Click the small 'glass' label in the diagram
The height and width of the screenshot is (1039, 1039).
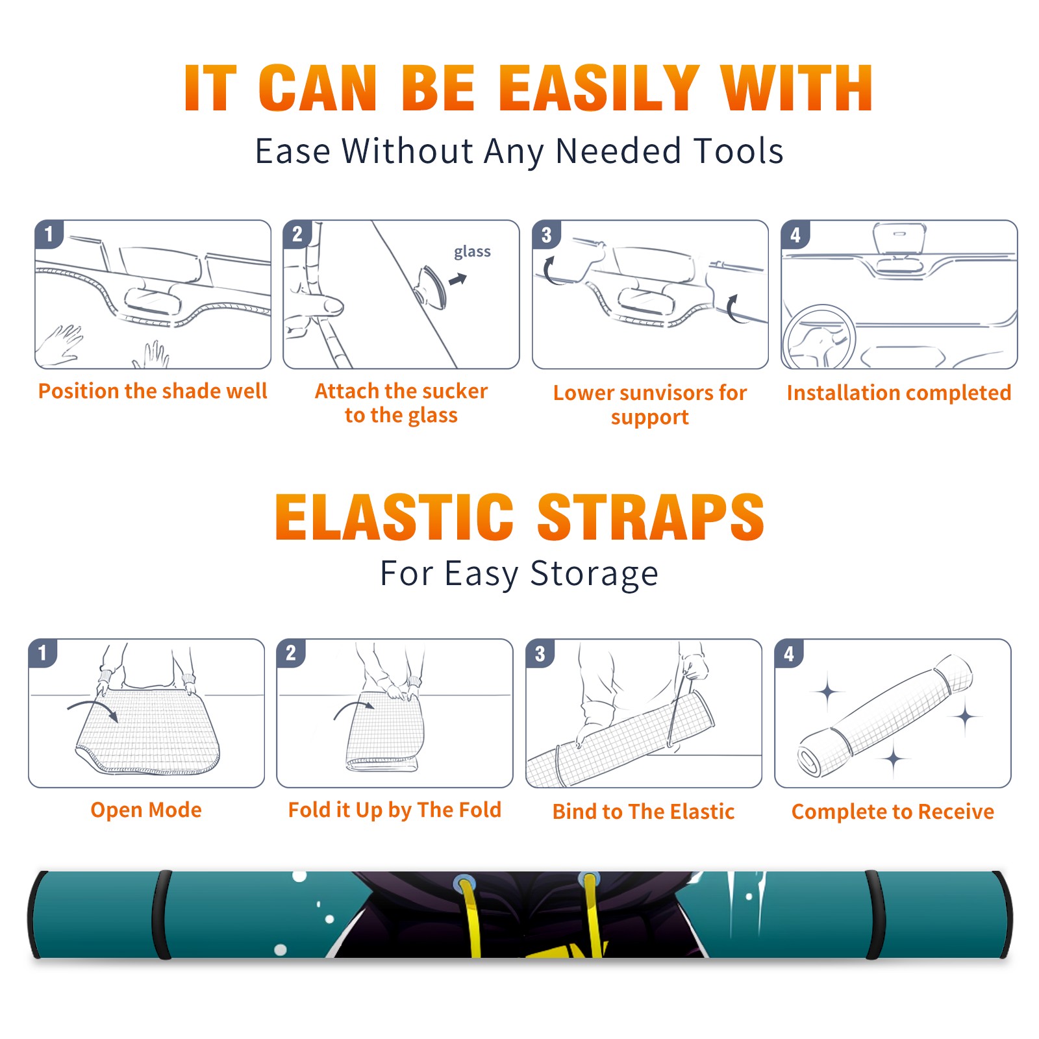472,251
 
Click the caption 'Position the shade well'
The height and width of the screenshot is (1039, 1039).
153,391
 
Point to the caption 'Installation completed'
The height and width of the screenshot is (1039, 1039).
899,392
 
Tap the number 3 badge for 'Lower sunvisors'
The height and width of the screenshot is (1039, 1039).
546,234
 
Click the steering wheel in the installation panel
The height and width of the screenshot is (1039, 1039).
820,338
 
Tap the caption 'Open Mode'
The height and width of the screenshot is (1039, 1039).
146,810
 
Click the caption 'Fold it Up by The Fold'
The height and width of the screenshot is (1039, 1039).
395,810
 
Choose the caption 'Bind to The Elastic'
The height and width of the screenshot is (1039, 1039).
644,812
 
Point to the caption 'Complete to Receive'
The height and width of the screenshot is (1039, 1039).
893,812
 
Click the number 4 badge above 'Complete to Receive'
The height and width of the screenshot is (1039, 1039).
789,653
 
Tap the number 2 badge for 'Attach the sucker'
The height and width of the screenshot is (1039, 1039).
297,234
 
